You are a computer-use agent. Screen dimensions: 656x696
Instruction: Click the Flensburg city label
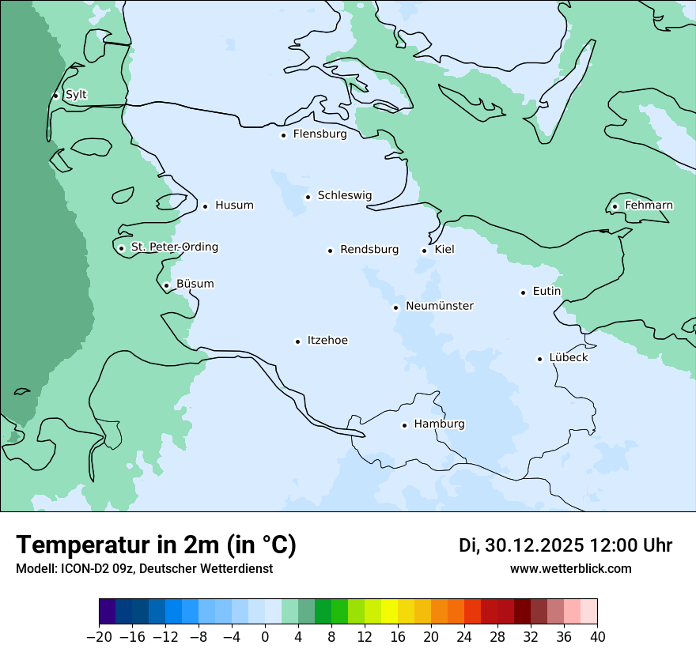320,134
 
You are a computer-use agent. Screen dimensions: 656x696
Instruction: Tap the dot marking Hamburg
404,425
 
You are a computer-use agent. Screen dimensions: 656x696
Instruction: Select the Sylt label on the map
76,95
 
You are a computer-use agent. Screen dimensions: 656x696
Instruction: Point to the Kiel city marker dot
425,251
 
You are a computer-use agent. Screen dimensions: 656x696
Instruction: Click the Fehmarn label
649,205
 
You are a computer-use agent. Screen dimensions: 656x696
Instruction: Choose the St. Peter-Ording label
174,247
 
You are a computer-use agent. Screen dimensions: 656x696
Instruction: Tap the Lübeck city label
568,358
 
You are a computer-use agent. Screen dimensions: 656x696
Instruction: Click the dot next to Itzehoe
298,341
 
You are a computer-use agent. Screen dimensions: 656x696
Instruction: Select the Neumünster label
440,306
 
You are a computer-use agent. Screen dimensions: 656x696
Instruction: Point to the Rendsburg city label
369,250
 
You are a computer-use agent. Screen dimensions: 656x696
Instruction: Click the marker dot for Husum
205,206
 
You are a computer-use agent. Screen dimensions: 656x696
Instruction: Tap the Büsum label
195,284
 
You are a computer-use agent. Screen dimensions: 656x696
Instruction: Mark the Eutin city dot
523,292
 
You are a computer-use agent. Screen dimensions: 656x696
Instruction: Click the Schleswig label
344,196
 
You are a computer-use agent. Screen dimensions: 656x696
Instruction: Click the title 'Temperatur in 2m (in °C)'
156,545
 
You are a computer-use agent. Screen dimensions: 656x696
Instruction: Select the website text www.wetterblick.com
570,568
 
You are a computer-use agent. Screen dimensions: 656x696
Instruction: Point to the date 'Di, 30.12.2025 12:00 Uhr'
565,545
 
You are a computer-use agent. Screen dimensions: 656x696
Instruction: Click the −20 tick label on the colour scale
99,637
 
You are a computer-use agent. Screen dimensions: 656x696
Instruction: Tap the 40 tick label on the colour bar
597,637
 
